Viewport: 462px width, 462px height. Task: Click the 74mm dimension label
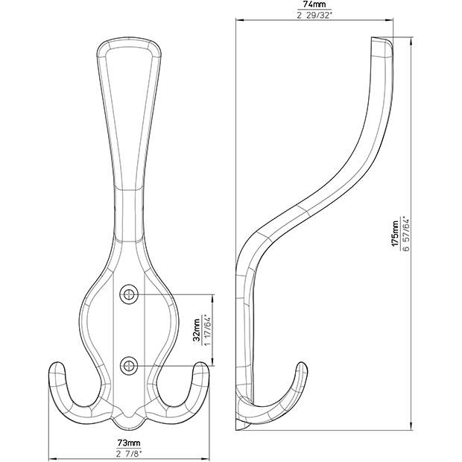pos(314,5)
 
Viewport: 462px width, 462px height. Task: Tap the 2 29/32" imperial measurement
pos(314,16)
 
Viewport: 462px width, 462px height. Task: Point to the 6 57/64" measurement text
pos(406,235)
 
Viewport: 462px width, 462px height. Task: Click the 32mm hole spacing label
pos(197,329)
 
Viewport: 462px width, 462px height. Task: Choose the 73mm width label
pos(129,443)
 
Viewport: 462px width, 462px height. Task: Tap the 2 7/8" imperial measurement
pos(129,454)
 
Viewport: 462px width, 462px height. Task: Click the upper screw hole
pos(129,294)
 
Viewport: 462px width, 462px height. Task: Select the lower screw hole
pos(129,366)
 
